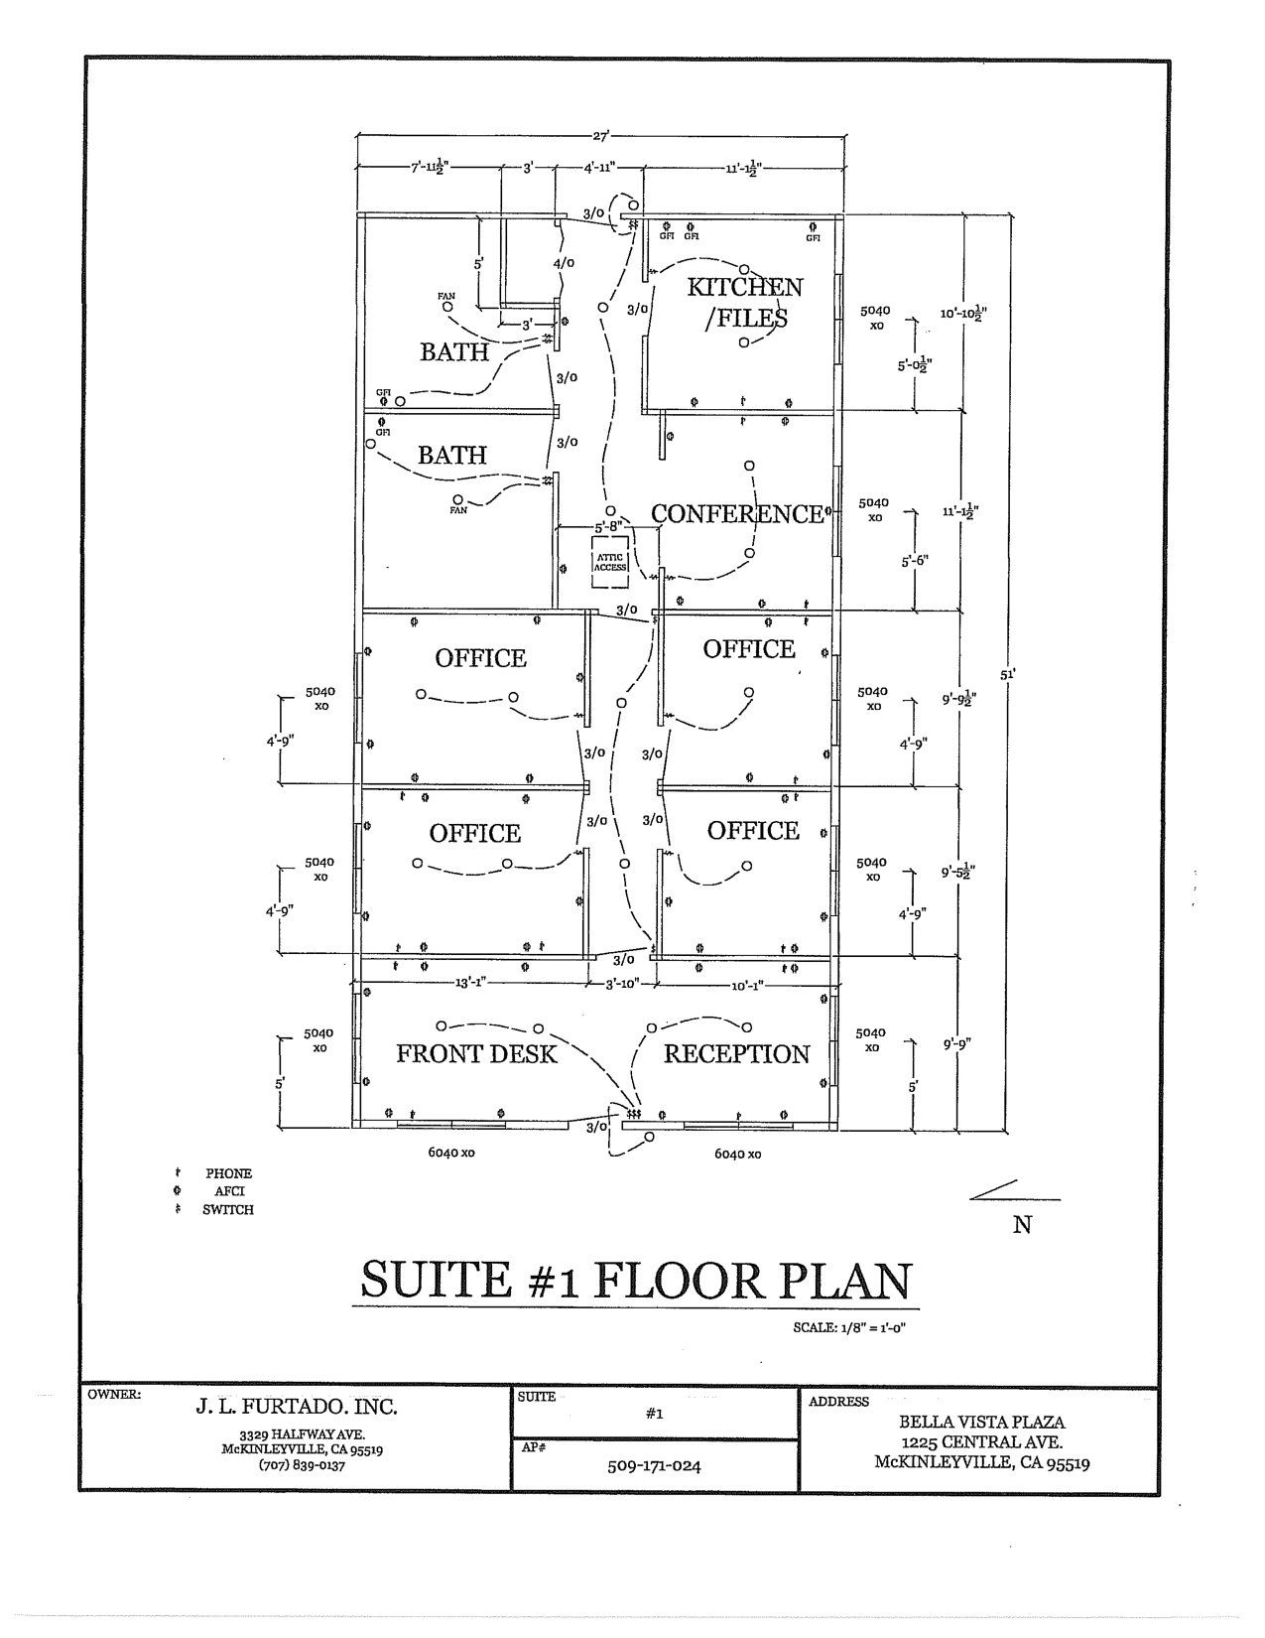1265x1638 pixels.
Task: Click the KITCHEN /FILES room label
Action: [745, 302]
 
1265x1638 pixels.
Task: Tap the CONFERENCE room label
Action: [737, 513]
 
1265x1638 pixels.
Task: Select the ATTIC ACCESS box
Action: [610, 563]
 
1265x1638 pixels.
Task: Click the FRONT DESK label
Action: [476, 1053]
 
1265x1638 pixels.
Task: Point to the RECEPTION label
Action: [736, 1053]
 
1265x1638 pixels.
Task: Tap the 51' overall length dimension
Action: [1007, 673]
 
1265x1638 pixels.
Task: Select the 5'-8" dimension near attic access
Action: [607, 526]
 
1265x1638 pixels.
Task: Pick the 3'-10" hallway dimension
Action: [625, 983]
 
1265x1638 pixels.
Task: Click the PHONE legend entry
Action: [228, 1173]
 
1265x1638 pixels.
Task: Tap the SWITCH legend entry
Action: [227, 1210]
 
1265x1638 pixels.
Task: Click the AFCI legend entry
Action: [229, 1191]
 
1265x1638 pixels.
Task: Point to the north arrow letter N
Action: [1022, 1225]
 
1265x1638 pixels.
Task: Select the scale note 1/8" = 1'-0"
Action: [850, 1328]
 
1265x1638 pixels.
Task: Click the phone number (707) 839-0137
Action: [302, 1465]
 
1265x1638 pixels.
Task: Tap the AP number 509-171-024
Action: [654, 1464]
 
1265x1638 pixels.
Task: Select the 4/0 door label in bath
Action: [563, 263]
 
